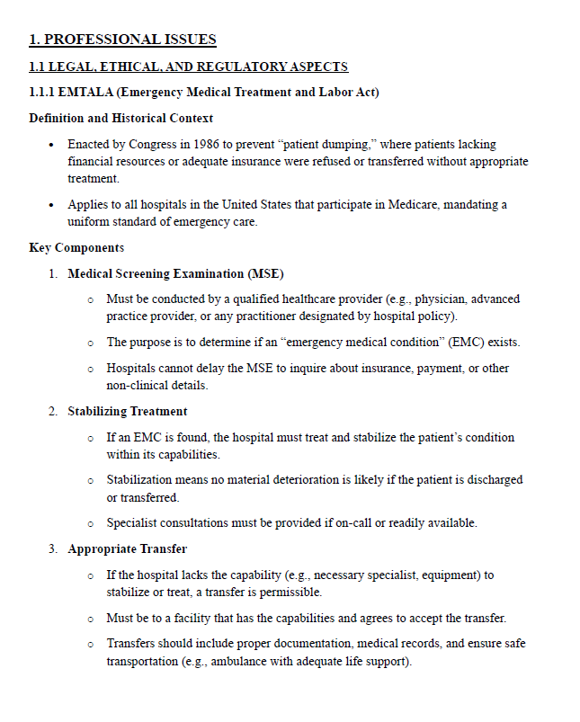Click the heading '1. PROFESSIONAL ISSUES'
coord(122,40)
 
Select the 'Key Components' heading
coord(76,247)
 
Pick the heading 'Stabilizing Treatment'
coord(128,411)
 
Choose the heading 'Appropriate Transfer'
coord(128,548)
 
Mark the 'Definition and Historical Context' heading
coord(120,118)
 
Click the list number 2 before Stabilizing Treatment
coord(53,411)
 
